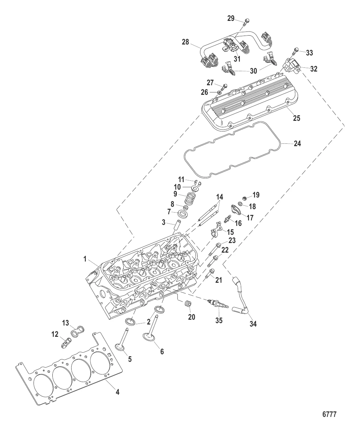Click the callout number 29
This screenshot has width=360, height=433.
(x=231, y=18)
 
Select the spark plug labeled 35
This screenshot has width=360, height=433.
(x=218, y=304)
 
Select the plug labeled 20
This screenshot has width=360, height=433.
(x=187, y=304)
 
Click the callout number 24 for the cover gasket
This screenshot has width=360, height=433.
(x=297, y=144)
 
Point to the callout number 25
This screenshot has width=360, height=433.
(x=296, y=118)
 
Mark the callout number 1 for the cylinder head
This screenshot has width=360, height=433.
(x=85, y=259)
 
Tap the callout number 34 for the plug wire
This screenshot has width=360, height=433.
(x=253, y=324)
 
